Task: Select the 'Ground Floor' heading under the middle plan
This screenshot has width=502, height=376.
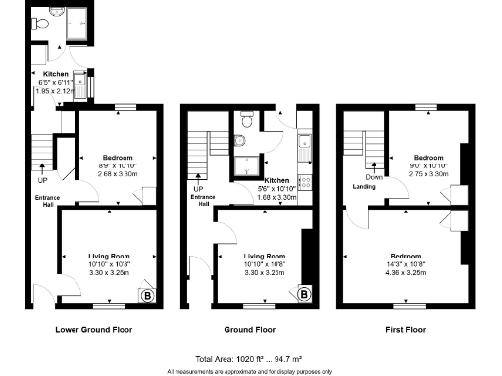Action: (x=252, y=330)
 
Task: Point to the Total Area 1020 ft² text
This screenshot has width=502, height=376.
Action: (x=250, y=358)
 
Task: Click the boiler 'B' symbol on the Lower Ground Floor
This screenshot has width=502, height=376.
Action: (x=147, y=294)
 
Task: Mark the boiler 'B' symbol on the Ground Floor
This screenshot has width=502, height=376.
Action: (x=305, y=294)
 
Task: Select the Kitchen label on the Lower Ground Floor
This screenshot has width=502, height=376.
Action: (x=55, y=73)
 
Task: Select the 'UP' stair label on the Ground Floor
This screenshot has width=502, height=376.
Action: (x=197, y=189)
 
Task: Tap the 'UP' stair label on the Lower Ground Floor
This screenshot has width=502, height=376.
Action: (x=42, y=180)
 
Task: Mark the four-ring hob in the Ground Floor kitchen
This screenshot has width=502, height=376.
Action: (x=304, y=180)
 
